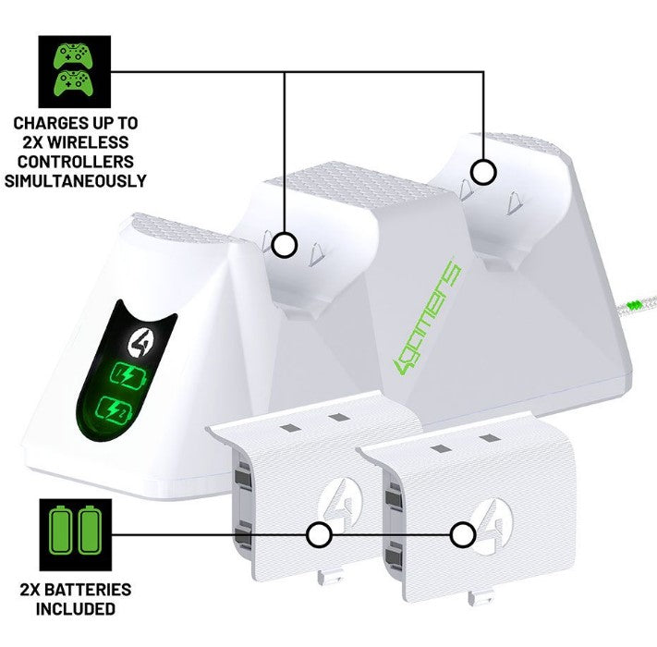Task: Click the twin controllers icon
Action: (x=74, y=72)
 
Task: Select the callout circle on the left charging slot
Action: (x=286, y=245)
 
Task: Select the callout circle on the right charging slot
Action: (x=481, y=172)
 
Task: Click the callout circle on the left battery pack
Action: (x=319, y=534)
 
